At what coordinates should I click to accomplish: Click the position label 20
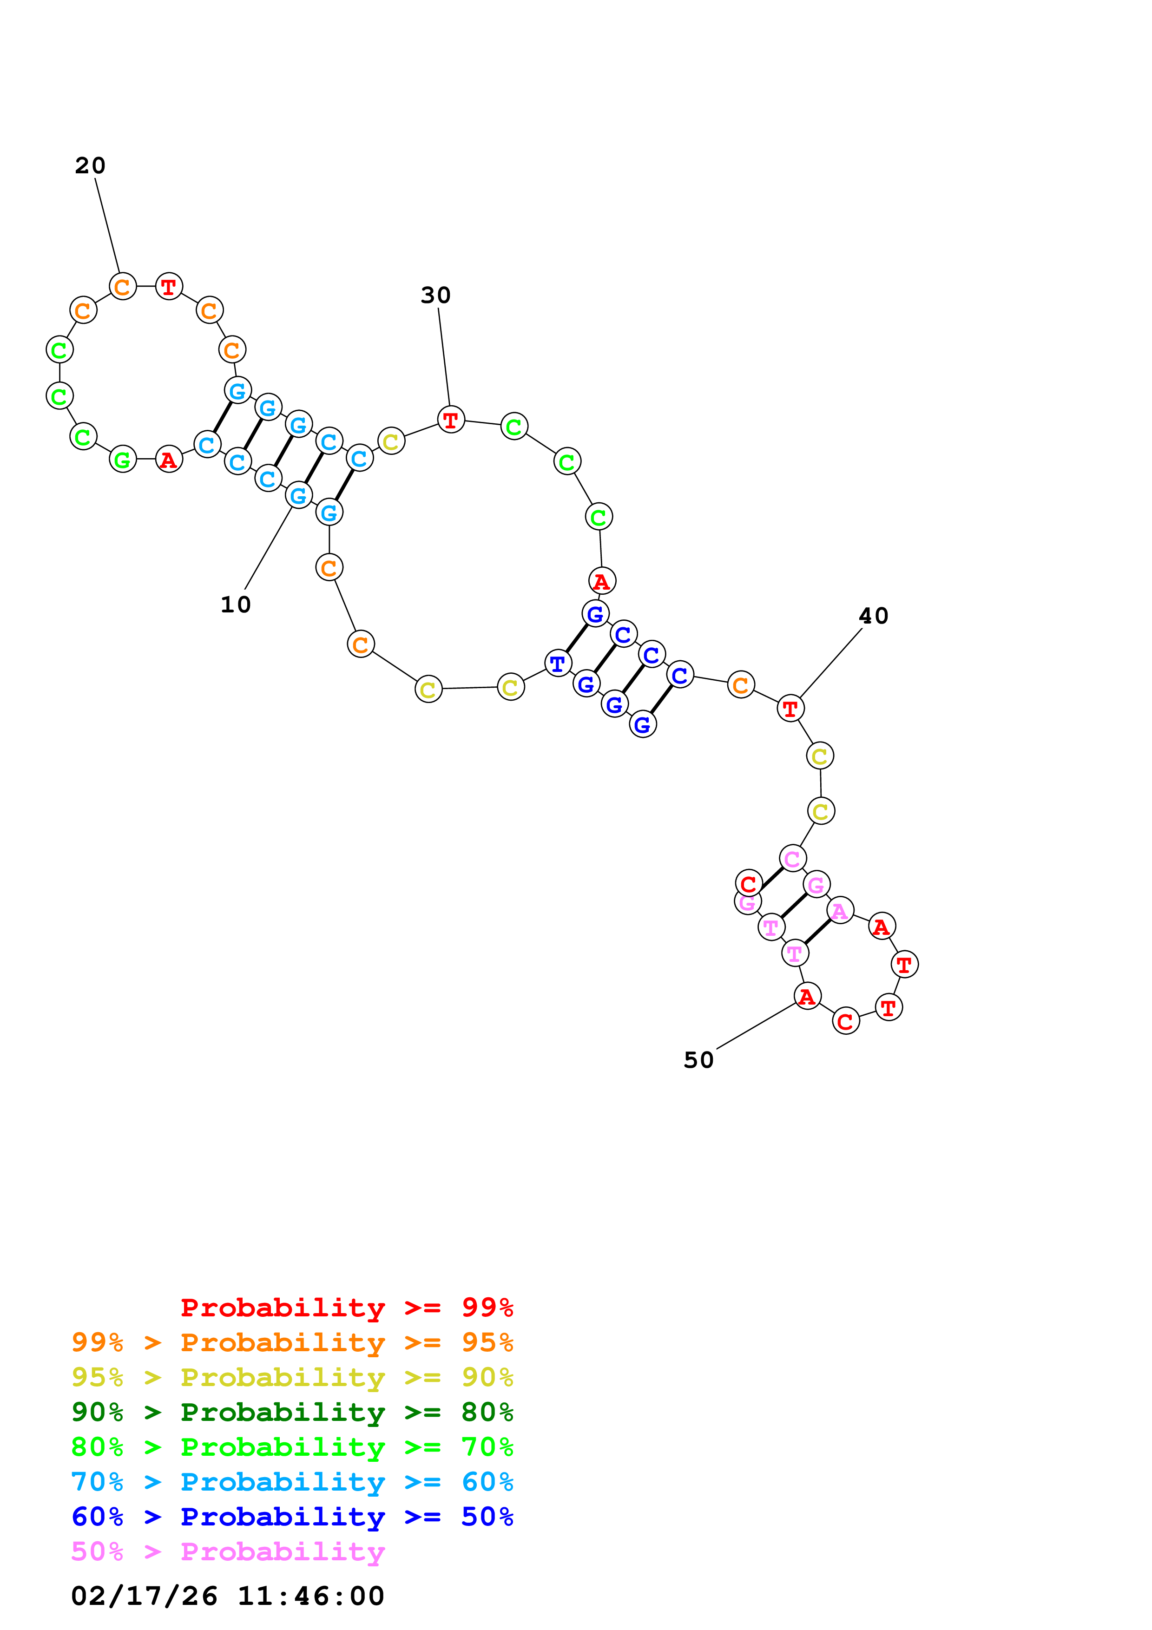tap(90, 166)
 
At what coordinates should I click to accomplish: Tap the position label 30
tap(436, 296)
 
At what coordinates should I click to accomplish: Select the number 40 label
tap(874, 616)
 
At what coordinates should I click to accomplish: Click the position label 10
tap(236, 605)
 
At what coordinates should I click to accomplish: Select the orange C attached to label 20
tap(123, 287)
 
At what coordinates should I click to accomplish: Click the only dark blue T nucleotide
tap(558, 663)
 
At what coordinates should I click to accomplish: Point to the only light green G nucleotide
tap(123, 460)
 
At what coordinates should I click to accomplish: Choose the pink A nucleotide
tap(840, 911)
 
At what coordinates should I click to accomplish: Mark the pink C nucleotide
tap(793, 858)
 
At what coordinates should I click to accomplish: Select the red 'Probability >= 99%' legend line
tap(347, 1308)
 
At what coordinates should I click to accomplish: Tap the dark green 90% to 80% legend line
tap(292, 1412)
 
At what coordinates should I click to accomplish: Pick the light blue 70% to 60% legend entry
tap(292, 1482)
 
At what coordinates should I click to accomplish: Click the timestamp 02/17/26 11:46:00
tap(228, 1596)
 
